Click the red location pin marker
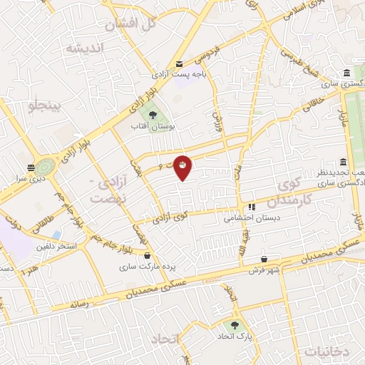click(183, 167)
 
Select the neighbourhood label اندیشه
click(85, 48)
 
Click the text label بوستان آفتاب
click(152, 125)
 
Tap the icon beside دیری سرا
click(31, 168)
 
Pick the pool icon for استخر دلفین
click(56, 235)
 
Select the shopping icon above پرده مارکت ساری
click(147, 255)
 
